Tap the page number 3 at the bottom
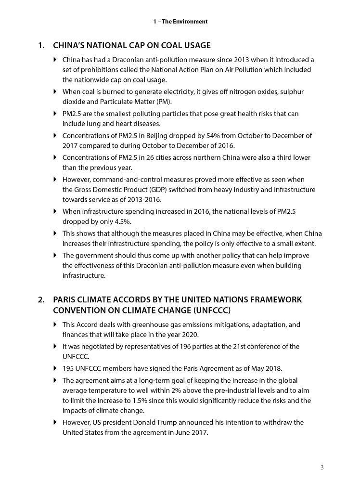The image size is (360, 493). pyautogui.click(x=321, y=467)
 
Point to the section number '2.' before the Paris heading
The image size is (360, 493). pyautogui.click(x=42, y=299)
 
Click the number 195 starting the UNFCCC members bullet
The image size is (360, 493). pyautogui.click(x=69, y=368)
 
